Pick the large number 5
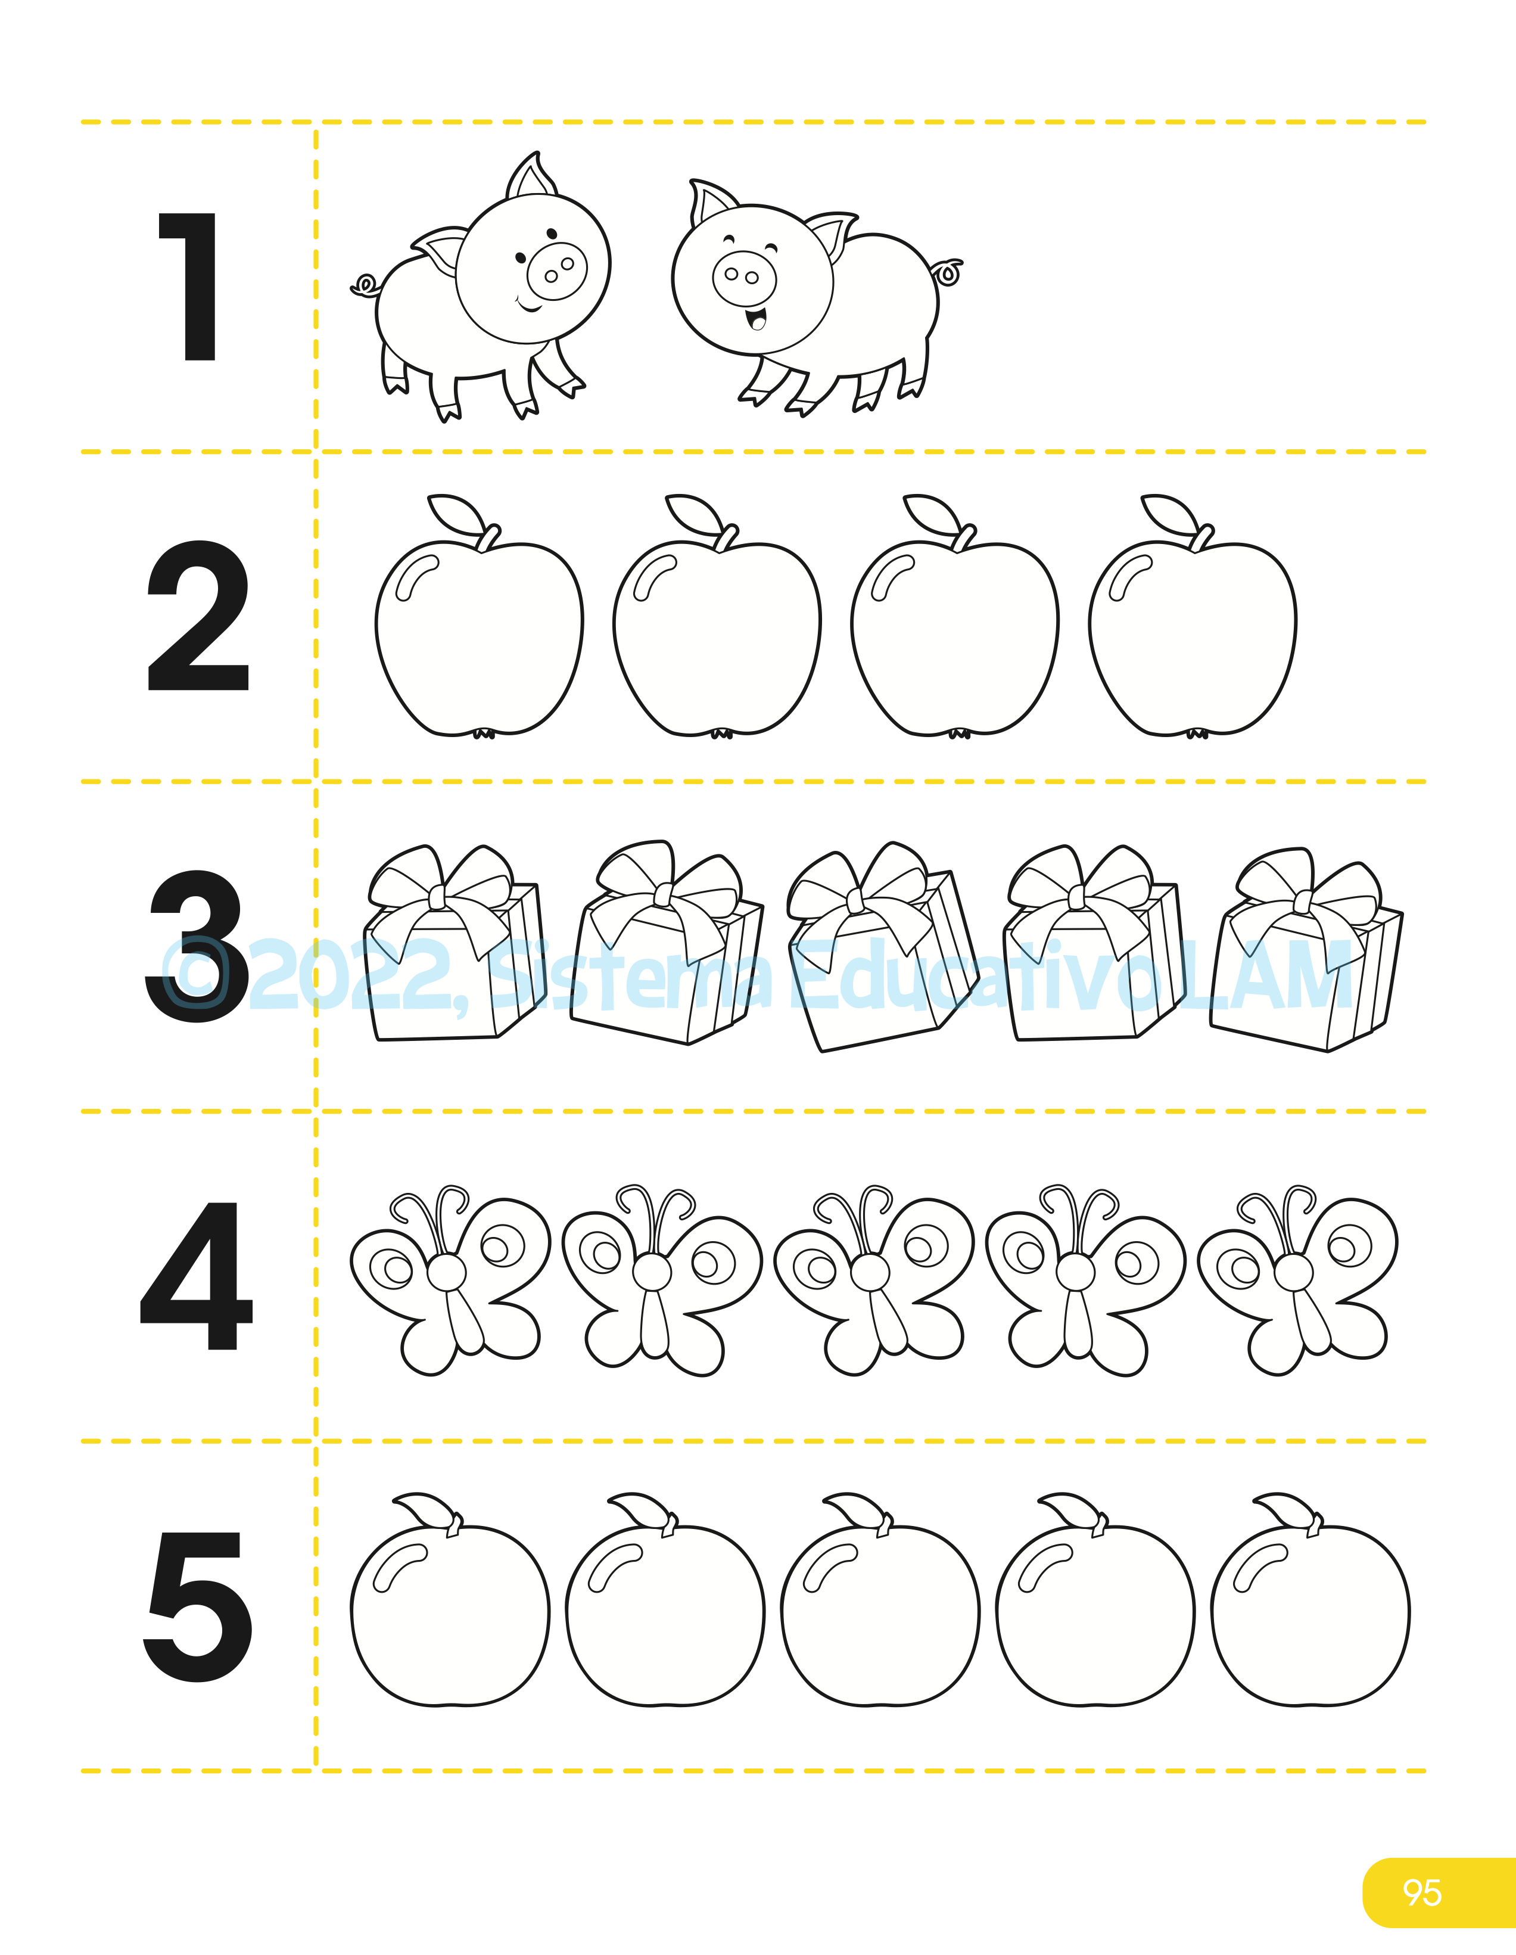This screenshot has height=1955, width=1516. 198,1607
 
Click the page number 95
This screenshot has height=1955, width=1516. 1422,1892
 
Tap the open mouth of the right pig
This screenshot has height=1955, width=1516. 757,317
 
